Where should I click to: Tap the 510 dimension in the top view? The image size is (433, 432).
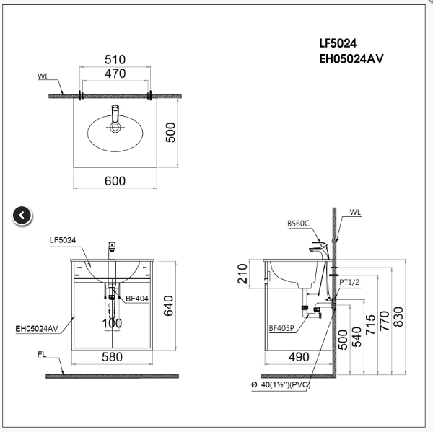[x=115, y=59]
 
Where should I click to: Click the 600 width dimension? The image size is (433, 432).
[x=115, y=181]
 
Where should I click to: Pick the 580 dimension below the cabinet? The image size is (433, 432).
[x=112, y=356]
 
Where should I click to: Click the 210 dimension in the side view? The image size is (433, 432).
[x=243, y=273]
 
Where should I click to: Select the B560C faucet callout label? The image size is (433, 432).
[x=298, y=224]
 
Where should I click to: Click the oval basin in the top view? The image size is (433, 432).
[x=115, y=136]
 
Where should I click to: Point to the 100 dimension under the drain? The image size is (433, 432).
[x=112, y=323]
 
